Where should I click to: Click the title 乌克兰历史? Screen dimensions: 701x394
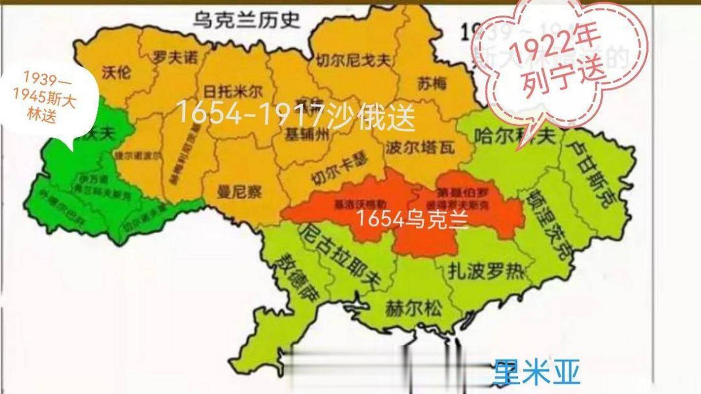point(246,21)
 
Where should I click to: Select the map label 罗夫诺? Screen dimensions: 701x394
point(175,58)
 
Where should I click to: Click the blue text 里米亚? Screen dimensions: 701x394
point(536,372)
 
